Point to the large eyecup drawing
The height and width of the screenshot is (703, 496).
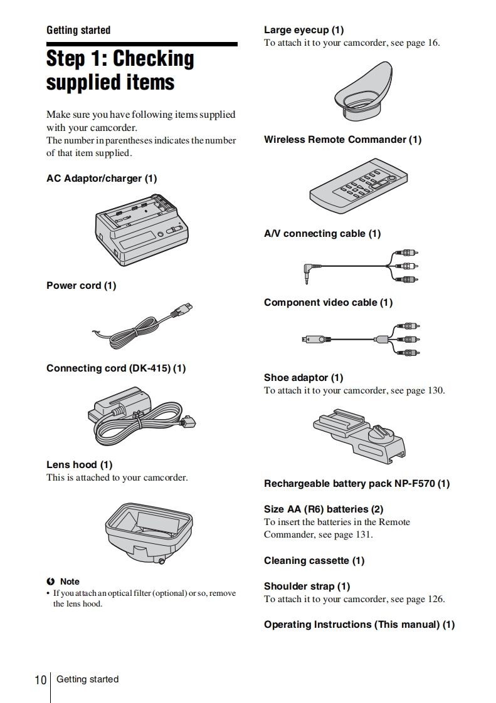tap(364, 92)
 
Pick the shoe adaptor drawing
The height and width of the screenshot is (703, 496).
tap(360, 433)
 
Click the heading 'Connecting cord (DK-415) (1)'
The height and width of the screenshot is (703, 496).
tap(116, 368)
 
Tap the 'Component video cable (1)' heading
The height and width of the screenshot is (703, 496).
tap(328, 303)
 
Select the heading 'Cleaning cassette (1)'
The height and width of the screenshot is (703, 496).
tap(314, 561)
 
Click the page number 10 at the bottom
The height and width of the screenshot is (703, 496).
tap(41, 680)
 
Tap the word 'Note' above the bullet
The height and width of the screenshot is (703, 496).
tap(70, 581)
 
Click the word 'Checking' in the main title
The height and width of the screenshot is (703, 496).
tap(154, 59)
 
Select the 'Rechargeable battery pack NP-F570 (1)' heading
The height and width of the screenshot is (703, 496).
tap(356, 484)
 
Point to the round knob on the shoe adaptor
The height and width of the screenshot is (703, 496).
tap(376, 433)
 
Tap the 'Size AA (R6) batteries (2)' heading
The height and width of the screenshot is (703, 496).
tap(323, 509)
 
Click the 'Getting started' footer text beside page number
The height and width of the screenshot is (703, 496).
tap(87, 679)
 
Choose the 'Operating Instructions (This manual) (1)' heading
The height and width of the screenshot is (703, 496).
tap(359, 625)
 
